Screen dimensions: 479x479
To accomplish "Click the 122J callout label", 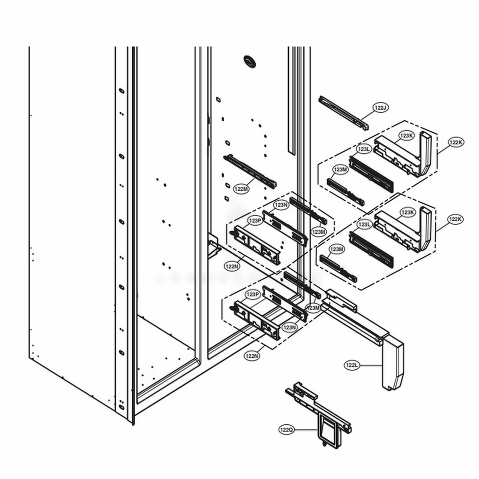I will point(381,108).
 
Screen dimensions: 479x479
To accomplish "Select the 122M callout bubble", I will point(241,189).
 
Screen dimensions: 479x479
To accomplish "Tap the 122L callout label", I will point(352,365).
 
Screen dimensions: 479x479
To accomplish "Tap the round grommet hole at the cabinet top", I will point(250,60).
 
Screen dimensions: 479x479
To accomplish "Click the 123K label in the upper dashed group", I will point(407,136).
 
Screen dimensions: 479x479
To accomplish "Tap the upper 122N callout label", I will point(232,265).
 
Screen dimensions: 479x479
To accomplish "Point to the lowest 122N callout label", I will point(251,356).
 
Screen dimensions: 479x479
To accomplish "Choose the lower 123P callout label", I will point(252,294).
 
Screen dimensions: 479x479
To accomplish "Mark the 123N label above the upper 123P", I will point(280,205).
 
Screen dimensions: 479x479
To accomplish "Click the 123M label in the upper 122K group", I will point(341,170).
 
